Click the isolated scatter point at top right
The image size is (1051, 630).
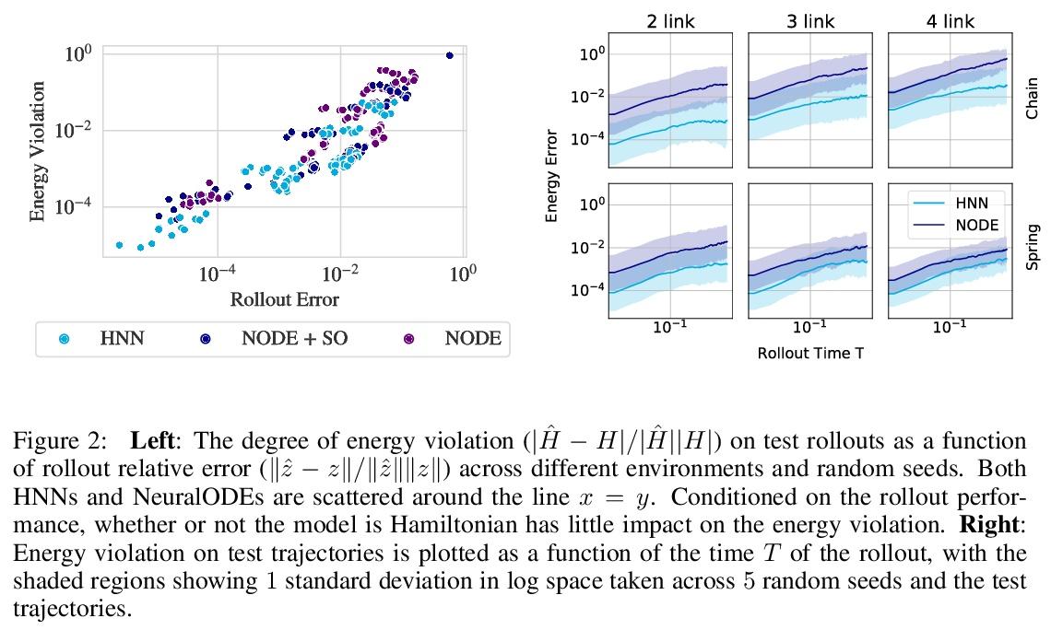click(x=449, y=55)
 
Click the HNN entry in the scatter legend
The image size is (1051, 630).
click(x=122, y=339)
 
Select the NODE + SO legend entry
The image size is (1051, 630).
click(x=294, y=339)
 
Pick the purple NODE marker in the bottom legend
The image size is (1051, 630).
click(x=408, y=339)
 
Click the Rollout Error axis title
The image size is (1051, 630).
click(x=284, y=300)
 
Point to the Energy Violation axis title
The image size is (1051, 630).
click(x=38, y=152)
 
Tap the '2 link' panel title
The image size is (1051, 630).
click(x=670, y=21)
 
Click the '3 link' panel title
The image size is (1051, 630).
click(x=810, y=21)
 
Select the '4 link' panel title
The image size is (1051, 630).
click(x=951, y=21)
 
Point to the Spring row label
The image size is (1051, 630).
click(x=1032, y=247)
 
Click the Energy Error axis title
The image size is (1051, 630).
click(x=551, y=176)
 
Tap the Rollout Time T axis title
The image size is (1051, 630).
click(x=810, y=353)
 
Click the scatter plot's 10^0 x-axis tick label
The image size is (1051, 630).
click(x=462, y=274)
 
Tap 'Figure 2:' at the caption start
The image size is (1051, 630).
click(x=53, y=442)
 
